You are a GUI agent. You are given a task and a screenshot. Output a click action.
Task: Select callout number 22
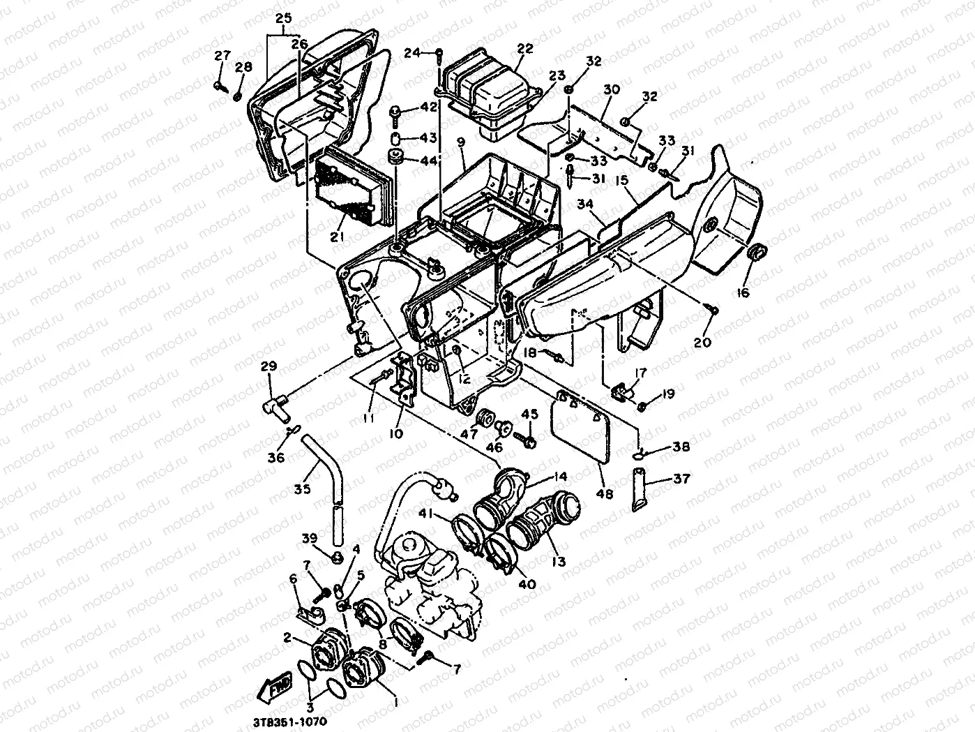click(x=525, y=49)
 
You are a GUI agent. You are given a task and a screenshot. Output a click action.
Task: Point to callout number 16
click(x=742, y=293)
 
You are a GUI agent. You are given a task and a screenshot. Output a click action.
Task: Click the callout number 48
click(x=605, y=494)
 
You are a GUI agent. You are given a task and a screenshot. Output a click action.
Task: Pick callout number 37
click(x=681, y=479)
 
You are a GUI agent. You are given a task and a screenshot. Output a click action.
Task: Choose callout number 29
click(x=269, y=366)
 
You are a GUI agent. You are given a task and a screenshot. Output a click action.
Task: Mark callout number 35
click(x=302, y=489)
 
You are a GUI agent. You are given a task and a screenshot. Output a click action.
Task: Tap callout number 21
click(x=338, y=237)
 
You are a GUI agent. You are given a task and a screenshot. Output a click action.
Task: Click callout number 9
click(x=460, y=142)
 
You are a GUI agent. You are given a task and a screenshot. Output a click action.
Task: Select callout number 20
click(x=702, y=342)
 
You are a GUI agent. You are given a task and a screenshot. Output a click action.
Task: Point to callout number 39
click(x=310, y=537)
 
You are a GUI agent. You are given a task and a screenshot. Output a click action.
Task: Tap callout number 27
click(x=222, y=56)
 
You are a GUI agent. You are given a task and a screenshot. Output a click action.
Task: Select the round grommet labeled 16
click(x=756, y=253)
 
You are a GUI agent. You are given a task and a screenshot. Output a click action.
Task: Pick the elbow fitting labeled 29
click(x=273, y=405)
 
